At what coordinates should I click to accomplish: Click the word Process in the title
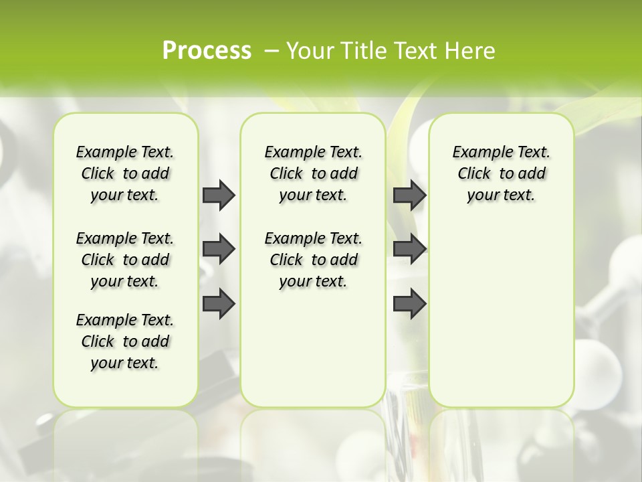pos(207,51)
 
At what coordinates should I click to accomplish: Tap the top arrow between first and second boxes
pos(219,195)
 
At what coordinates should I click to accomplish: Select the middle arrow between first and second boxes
pos(219,249)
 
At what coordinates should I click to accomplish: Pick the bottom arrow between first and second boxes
pos(219,303)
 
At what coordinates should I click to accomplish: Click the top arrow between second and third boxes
pos(410,195)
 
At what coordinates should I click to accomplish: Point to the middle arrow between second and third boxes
pos(410,249)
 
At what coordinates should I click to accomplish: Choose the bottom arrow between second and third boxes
pos(410,303)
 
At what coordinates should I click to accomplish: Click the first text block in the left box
pos(125,173)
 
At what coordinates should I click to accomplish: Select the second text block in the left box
pos(125,260)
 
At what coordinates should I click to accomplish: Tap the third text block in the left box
pos(125,341)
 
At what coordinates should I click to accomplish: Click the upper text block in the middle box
pos(313,173)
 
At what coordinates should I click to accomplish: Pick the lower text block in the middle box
pos(313,260)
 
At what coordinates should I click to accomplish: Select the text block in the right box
pos(502,173)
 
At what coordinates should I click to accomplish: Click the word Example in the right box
pos(477,152)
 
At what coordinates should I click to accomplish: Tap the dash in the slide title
pos(272,51)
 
